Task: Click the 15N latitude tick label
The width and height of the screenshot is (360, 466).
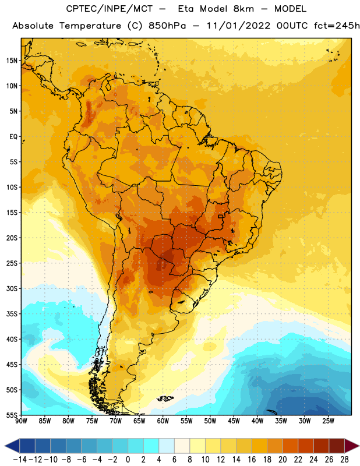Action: [x=12, y=61]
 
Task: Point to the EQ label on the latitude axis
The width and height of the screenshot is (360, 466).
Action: [x=13, y=137]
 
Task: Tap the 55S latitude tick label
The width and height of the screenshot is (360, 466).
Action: [x=12, y=415]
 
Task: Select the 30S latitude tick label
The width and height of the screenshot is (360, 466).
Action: [x=12, y=288]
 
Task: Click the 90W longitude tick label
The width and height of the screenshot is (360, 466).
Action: [x=22, y=421]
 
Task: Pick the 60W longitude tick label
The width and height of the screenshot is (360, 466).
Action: [x=163, y=421]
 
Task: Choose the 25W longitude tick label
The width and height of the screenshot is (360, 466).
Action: [x=328, y=421]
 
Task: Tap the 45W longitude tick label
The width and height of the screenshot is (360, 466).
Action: [x=234, y=421]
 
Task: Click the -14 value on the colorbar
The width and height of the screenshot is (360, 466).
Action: [x=20, y=460]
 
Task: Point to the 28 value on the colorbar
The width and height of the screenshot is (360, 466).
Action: [x=344, y=460]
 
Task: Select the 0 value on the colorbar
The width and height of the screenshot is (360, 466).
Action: [x=128, y=460]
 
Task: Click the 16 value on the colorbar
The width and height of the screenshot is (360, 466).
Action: [x=252, y=460]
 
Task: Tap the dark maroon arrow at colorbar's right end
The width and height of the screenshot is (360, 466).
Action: [x=351, y=446]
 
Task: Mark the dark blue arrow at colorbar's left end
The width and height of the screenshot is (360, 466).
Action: [x=12, y=446]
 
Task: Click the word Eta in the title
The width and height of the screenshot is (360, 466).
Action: [x=186, y=9]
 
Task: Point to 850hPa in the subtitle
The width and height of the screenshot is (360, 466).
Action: [x=167, y=26]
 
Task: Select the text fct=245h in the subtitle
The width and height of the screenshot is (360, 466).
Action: [x=337, y=26]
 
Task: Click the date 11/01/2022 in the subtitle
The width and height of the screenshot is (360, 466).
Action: [x=238, y=26]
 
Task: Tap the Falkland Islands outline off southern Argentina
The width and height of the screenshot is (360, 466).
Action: [x=165, y=398]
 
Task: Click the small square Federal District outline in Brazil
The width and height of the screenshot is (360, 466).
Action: [x=221, y=216]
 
